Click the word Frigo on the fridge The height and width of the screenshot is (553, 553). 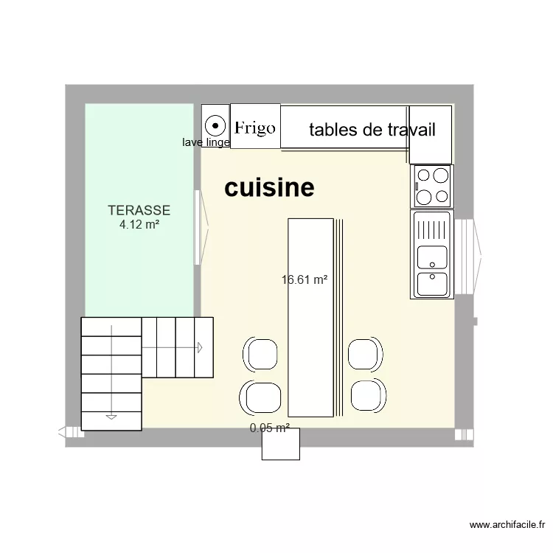[x=255, y=128]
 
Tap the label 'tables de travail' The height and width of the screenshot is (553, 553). [x=372, y=131]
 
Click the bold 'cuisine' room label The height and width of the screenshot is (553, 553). [x=269, y=188]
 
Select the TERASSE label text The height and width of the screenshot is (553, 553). [x=139, y=210]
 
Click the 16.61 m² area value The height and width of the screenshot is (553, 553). [x=304, y=279]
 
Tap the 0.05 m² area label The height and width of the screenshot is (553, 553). [x=269, y=428]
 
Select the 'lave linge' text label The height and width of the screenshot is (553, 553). [x=206, y=142]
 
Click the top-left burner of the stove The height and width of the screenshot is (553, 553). [x=424, y=175]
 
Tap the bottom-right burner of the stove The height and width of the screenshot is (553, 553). [x=440, y=196]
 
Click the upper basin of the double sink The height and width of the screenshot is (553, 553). [x=431, y=257]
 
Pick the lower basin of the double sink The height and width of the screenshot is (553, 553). [x=431, y=284]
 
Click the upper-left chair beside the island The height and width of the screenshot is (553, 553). [x=260, y=354]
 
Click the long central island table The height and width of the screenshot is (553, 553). [x=310, y=317]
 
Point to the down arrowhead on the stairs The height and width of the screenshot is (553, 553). [x=111, y=417]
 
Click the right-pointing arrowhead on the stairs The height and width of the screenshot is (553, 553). [x=199, y=347]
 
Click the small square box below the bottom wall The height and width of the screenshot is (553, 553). [x=281, y=444]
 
